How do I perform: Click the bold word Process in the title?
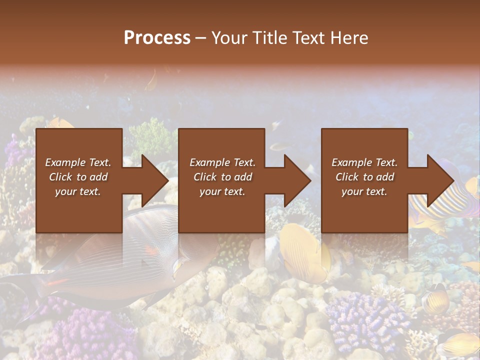click(x=157, y=38)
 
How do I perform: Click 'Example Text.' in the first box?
click(x=78, y=162)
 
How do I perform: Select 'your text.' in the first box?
click(x=78, y=191)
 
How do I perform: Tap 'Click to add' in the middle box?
click(x=222, y=177)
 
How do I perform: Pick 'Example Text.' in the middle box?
click(x=222, y=162)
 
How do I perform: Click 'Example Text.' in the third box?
click(x=364, y=162)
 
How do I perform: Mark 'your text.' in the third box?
click(x=364, y=191)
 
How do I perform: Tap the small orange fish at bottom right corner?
click(x=457, y=345)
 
